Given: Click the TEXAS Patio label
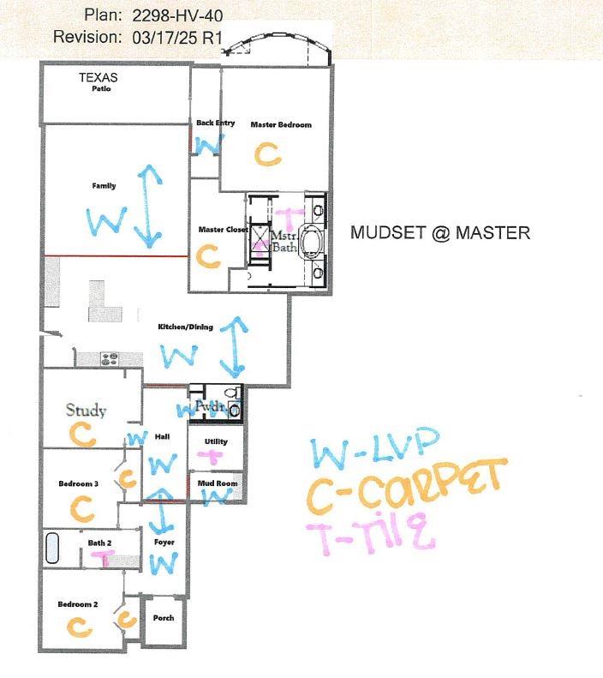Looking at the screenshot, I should click(x=98, y=81).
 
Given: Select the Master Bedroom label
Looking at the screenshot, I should click(x=281, y=125).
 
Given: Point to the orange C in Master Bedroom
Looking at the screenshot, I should click(x=268, y=154).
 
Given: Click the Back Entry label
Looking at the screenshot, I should click(x=215, y=123).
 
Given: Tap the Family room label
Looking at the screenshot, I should click(x=104, y=186).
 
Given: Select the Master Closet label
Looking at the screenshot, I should click(x=223, y=230).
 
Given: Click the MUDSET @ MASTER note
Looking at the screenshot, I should click(x=440, y=232).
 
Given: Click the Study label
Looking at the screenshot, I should click(x=87, y=411).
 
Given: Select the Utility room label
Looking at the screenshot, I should click(x=216, y=441).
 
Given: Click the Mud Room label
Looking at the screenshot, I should click(x=217, y=483).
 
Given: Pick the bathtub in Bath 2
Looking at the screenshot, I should click(x=53, y=548).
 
